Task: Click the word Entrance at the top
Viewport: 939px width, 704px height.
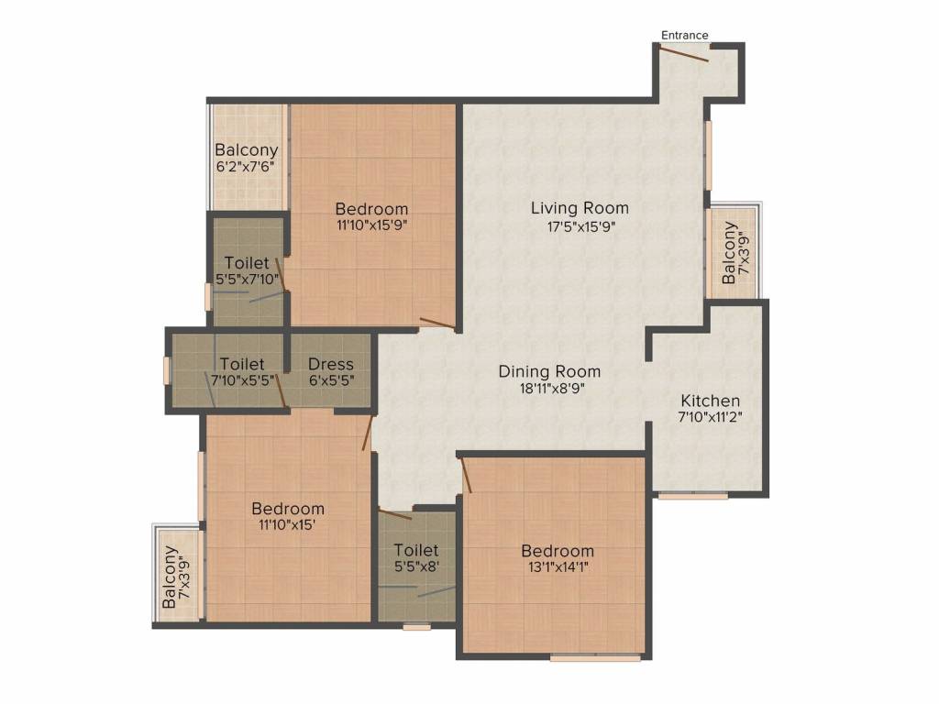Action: [685, 36]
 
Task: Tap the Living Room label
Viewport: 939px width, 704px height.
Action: [580, 208]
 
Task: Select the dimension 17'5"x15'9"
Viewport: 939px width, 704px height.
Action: [580, 227]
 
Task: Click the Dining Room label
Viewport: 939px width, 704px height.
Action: [549, 371]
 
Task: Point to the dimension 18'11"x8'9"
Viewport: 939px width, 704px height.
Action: [549, 388]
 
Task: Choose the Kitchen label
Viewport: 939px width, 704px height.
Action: [710, 401]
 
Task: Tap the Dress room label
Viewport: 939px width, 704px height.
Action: [331, 364]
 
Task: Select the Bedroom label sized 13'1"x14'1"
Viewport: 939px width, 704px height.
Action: [558, 551]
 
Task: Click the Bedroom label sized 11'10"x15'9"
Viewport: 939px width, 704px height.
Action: [371, 208]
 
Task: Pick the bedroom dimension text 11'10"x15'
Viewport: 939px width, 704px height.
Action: [288, 525]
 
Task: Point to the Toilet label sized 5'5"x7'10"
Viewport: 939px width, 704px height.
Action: [247, 263]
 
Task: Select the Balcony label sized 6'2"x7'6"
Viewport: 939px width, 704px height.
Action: [247, 149]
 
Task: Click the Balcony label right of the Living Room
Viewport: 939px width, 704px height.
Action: [729, 253]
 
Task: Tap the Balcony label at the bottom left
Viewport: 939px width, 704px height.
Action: [170, 578]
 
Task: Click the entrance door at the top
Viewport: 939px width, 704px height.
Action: [684, 54]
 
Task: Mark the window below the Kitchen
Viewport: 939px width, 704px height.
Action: [693, 496]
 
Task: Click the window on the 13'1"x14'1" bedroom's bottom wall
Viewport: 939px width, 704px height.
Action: [595, 657]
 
